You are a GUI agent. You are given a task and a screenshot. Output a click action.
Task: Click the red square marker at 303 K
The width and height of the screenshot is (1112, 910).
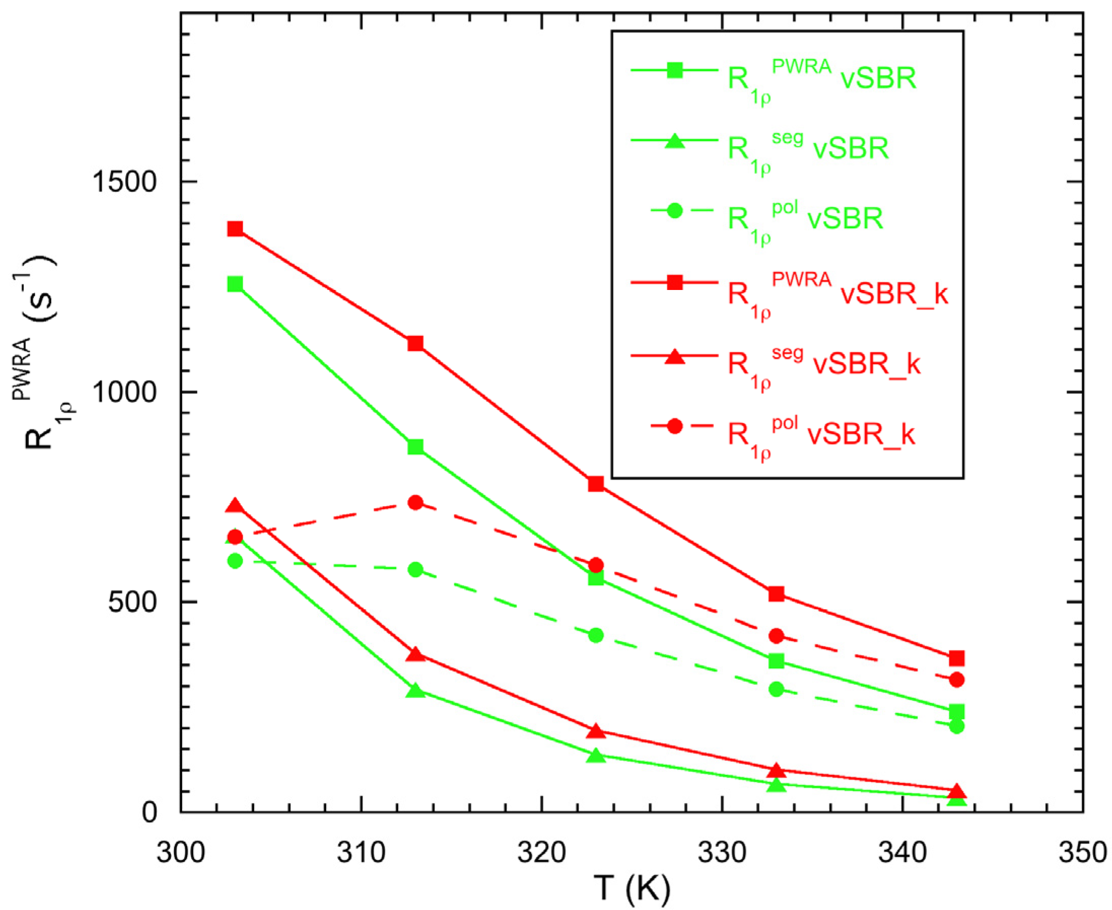pos(235,229)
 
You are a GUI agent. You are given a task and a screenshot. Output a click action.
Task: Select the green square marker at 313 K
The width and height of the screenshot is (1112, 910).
pos(415,447)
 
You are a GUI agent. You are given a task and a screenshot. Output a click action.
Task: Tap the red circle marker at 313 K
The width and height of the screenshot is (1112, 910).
pos(415,503)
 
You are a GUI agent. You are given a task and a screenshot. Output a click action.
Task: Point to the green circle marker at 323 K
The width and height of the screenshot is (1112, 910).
pos(596,635)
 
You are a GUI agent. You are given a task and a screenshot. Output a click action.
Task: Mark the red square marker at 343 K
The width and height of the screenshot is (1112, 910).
pos(957,659)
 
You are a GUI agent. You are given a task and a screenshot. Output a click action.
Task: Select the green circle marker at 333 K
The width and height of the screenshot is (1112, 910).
pos(776,689)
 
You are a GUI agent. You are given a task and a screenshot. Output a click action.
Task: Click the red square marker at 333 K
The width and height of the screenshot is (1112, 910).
pos(776,594)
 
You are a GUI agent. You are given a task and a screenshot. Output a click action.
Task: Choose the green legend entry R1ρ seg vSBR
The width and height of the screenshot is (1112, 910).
pos(807,149)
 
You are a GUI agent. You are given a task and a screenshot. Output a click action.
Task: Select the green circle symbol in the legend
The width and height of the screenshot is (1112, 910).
pos(675,211)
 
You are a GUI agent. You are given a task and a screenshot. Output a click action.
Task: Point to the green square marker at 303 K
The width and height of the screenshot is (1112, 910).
pos(235,284)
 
